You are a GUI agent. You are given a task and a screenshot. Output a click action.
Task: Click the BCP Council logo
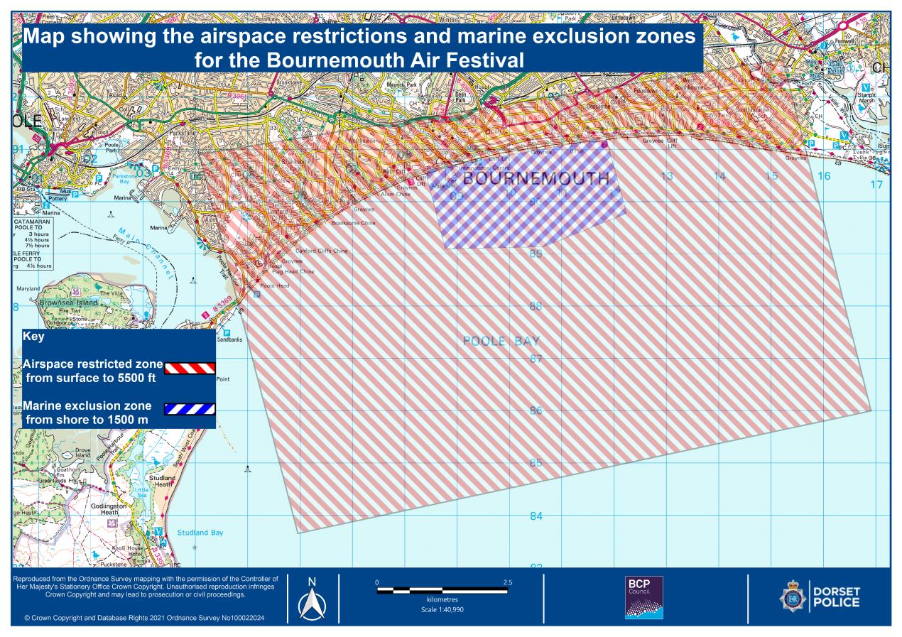(x=643, y=597)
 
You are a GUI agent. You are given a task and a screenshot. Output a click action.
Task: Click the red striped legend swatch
(x=190, y=368)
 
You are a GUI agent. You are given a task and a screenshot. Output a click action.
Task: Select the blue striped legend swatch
(x=190, y=409)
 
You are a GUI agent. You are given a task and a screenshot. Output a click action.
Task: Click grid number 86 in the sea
(x=536, y=411)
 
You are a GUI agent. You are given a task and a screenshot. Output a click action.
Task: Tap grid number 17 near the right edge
(x=876, y=185)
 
